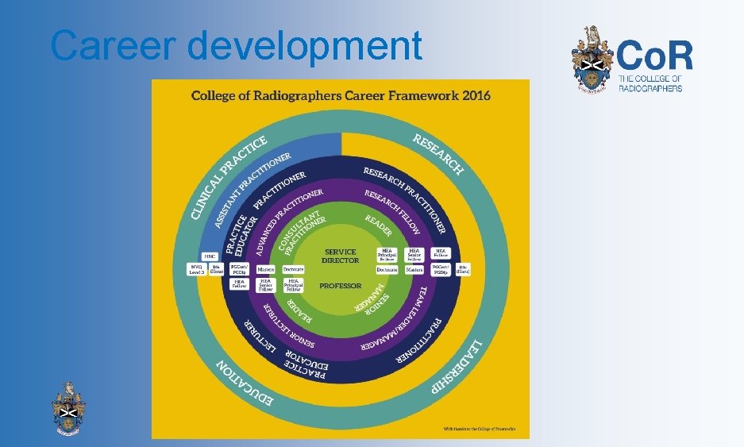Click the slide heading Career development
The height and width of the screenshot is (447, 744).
pos(236,46)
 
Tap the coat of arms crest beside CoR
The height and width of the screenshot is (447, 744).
pos(593,59)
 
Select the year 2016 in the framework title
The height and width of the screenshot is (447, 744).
pos(475,96)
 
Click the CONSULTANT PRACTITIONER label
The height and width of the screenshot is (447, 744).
pos(302,230)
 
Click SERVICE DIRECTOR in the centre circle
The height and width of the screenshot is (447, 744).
pos(340,256)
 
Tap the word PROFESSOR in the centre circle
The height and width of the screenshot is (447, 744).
pos(340,285)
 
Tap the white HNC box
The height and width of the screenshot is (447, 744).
pos(210,256)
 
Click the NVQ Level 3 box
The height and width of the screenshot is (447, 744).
pos(196,269)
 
